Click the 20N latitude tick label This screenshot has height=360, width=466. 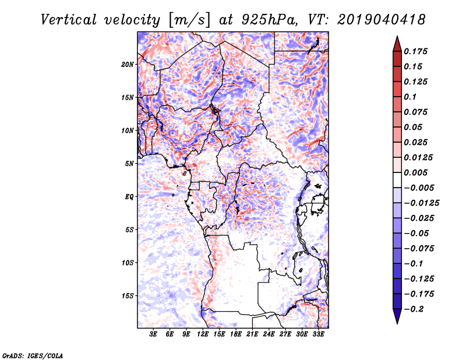(x=128, y=64)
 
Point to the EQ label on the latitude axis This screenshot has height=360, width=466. (x=129, y=197)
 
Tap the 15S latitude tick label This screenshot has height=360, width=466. (x=127, y=296)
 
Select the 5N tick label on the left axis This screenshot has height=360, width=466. (x=129, y=164)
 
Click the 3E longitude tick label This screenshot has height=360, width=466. (x=154, y=334)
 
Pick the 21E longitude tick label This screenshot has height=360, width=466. (x=253, y=334)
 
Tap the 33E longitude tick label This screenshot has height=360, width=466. (x=319, y=334)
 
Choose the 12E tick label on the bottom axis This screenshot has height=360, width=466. (x=203, y=334)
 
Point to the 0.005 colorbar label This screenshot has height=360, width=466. (x=417, y=172)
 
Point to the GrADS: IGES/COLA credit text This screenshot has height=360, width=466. (x=32, y=355)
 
